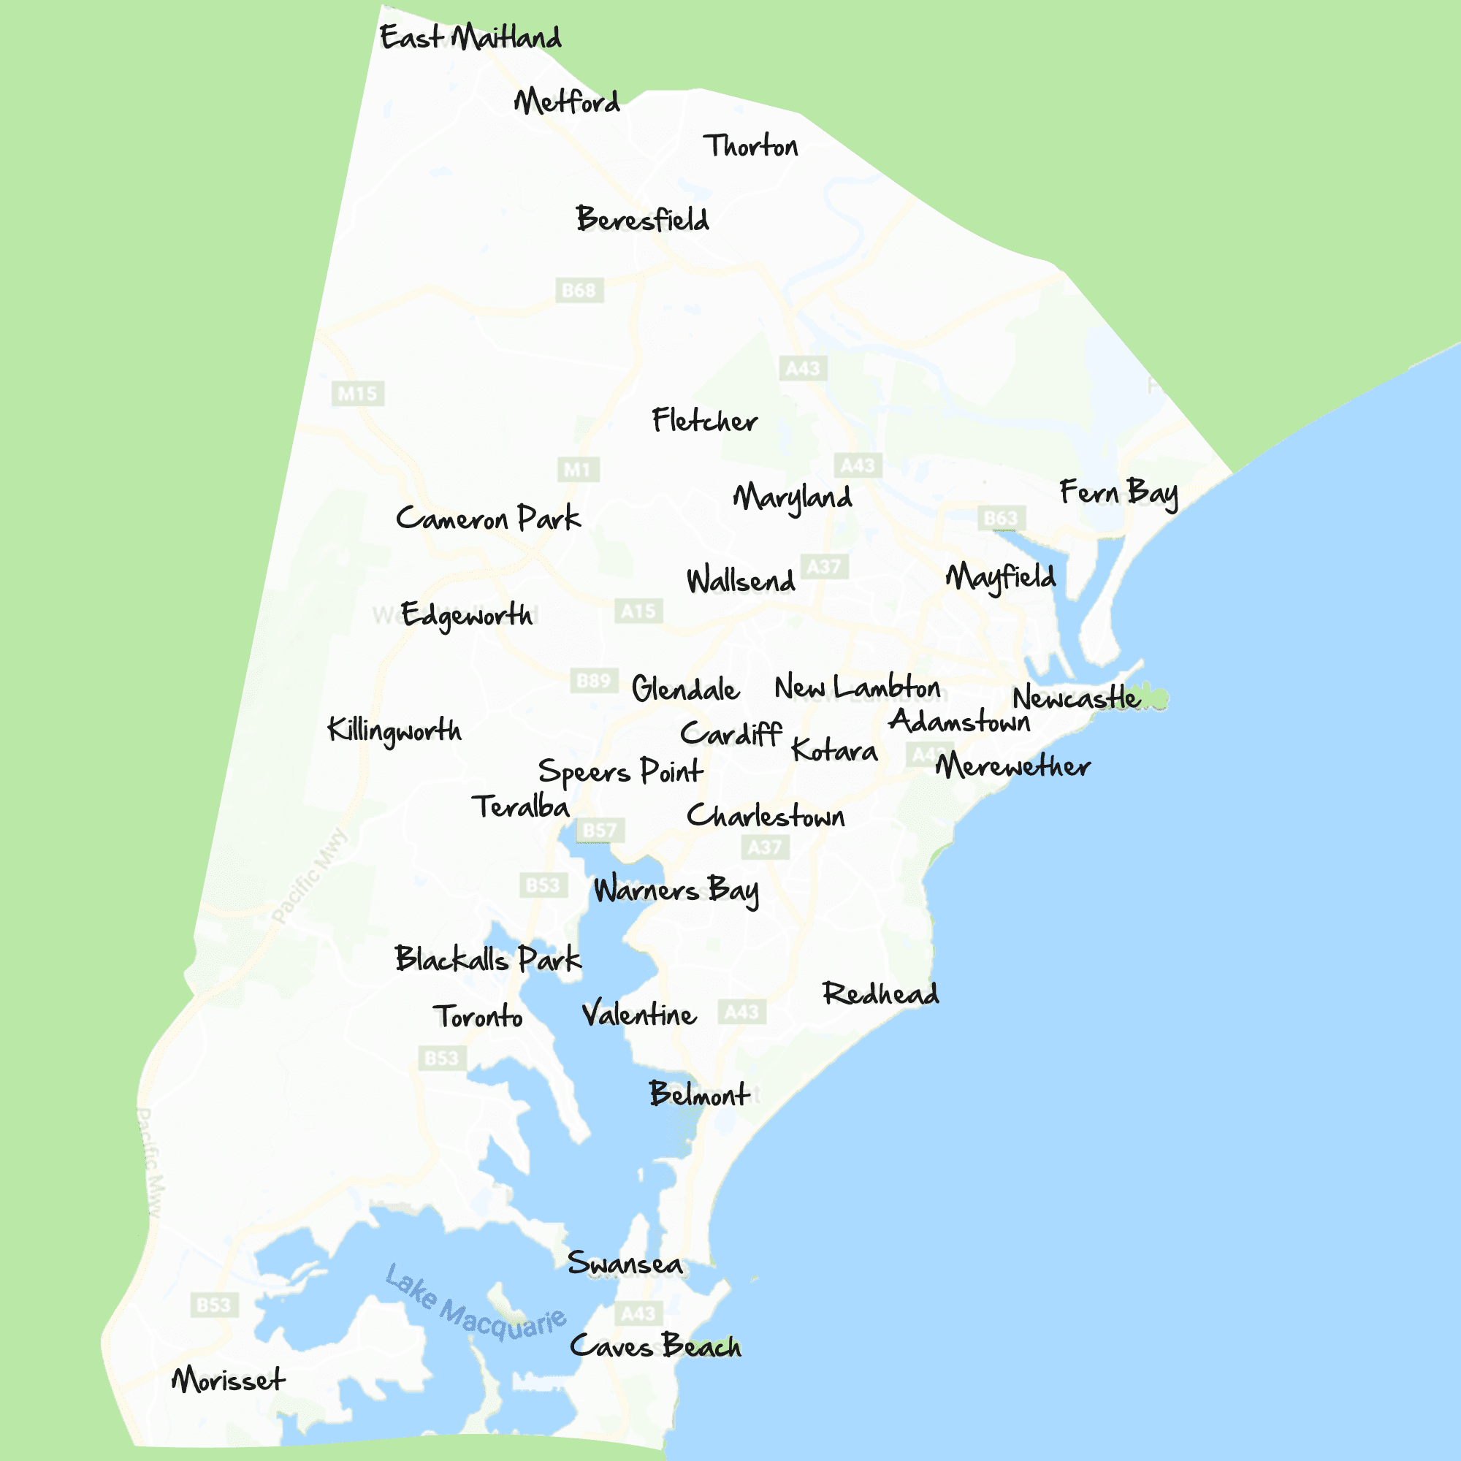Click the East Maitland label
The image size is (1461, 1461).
pos(470,37)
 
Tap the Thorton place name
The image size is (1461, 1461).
pos(750,146)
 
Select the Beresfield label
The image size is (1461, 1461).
pos(643,219)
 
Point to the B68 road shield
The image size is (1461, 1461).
pos(579,291)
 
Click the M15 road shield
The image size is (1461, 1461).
pos(358,393)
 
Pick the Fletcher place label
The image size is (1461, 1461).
pos(704,421)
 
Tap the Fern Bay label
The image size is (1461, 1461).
pos(1118,493)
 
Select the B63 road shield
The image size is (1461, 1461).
pos(1001,518)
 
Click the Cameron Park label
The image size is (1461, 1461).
pos(488,519)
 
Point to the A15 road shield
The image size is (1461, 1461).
pos(638,611)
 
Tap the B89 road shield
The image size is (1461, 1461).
pos(594,681)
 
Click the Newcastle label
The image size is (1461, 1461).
pos(1075,697)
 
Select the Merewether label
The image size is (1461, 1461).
pos(1012,766)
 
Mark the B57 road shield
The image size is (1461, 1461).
pos(600,831)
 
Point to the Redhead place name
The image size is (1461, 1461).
pos(880,993)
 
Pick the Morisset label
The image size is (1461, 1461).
pos(229,1380)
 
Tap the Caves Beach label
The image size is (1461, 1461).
pos(655,1347)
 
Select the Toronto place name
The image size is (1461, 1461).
pos(477,1016)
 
